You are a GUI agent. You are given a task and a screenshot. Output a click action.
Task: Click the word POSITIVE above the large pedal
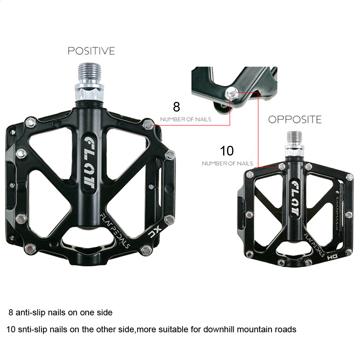91,51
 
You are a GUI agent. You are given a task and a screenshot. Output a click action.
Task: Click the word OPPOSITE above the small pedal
295,120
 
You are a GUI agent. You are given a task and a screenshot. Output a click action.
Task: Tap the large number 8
176,107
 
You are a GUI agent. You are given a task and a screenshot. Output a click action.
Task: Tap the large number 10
227,151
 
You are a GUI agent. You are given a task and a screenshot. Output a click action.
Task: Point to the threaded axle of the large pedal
90,73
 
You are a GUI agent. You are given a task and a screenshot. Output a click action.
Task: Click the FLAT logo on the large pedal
89,163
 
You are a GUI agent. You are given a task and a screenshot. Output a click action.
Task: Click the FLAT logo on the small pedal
295,198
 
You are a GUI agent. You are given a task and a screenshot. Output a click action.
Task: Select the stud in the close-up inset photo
231,93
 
